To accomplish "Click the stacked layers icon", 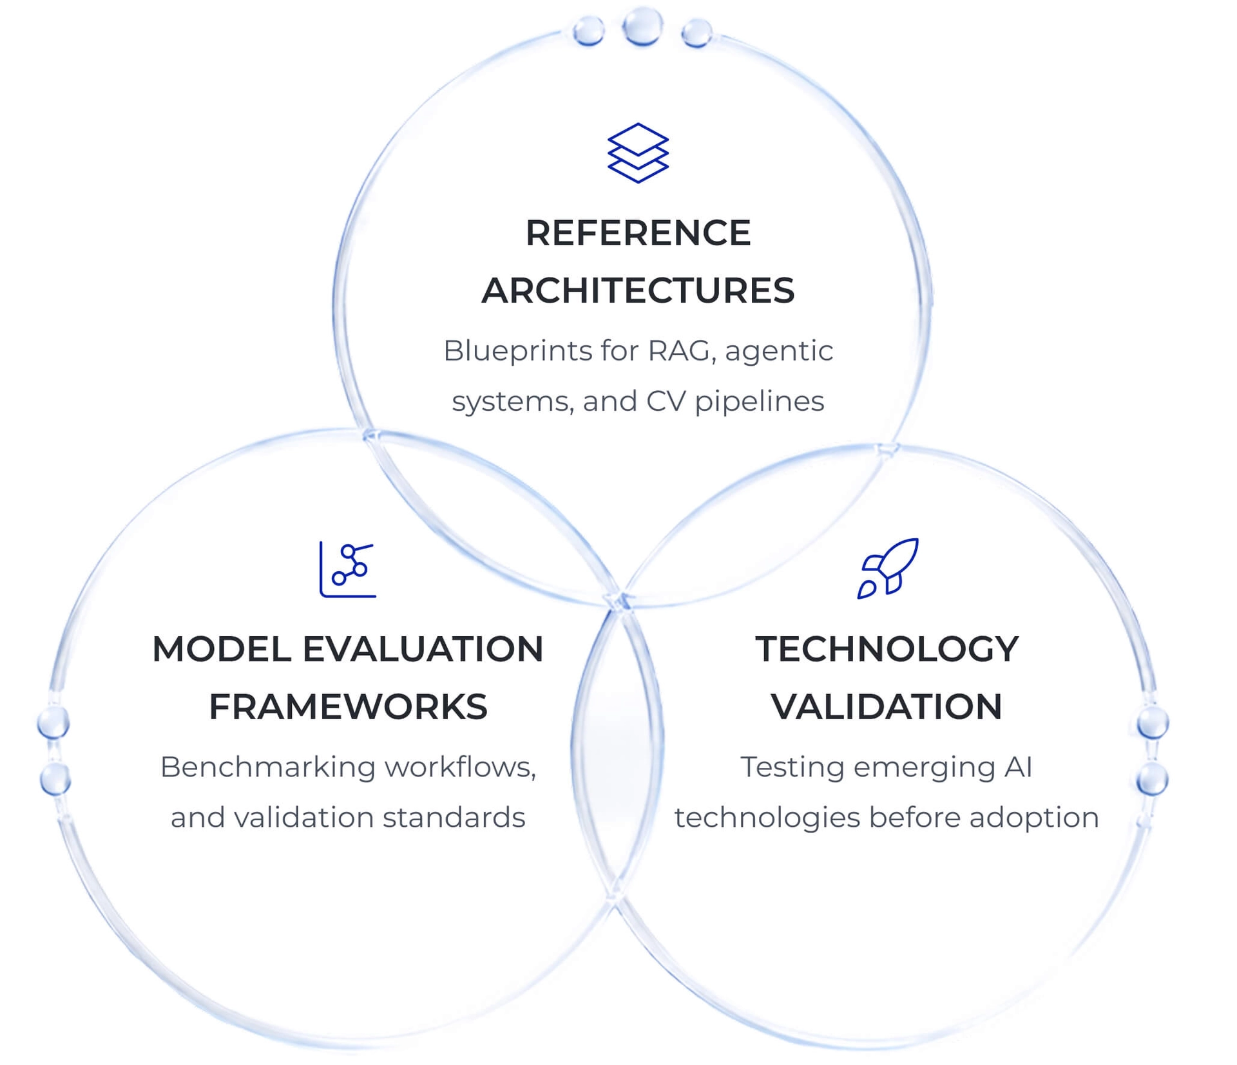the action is click(x=638, y=153).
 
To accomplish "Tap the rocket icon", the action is click(x=888, y=569).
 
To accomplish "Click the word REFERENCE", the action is click(x=638, y=232).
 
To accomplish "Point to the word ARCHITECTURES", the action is click(x=638, y=290).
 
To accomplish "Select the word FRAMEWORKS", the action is click(x=348, y=707).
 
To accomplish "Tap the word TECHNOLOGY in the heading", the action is click(x=887, y=649).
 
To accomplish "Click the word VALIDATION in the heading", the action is click(x=887, y=707).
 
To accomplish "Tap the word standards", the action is click(x=454, y=818).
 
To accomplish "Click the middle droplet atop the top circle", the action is click(x=642, y=26).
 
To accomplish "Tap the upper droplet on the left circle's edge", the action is click(x=53, y=722).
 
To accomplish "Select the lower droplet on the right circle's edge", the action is click(x=1152, y=780).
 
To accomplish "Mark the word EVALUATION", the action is click(x=423, y=649).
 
